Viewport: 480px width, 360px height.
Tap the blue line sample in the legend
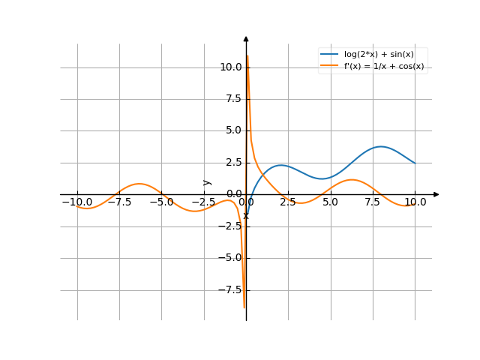pyautogui.click(x=330, y=54)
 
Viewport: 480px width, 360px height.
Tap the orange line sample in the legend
pyautogui.click(x=330, y=66)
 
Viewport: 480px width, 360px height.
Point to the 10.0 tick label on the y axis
pyautogui.click(x=230, y=67)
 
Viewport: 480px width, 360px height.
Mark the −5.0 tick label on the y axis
pyautogui.click(x=230, y=258)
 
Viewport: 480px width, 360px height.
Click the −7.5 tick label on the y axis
pyautogui.click(x=230, y=289)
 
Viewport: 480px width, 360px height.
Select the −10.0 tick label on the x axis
pyautogui.click(x=77, y=202)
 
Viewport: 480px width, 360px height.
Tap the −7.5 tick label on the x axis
pyautogui.click(x=119, y=202)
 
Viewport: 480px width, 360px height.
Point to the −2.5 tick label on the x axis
pyautogui.click(x=203, y=202)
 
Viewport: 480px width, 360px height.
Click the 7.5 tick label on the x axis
pyautogui.click(x=373, y=202)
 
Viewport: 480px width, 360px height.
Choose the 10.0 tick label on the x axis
pyautogui.click(x=414, y=202)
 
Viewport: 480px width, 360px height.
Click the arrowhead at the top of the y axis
pyautogui.click(x=246, y=38)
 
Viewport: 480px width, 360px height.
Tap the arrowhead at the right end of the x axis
pyautogui.click(x=436, y=194)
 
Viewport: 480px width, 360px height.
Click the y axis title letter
pyautogui.click(x=208, y=182)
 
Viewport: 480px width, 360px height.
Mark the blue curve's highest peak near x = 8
pyautogui.click(x=381, y=146)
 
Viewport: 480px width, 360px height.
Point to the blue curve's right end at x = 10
pyautogui.click(x=414, y=163)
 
